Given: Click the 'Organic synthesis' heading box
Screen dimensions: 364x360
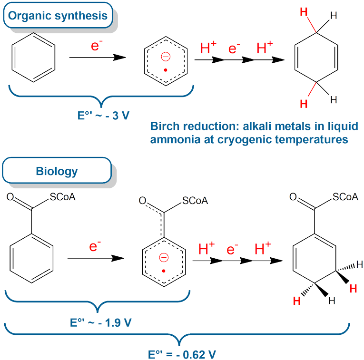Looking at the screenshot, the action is tap(58, 15).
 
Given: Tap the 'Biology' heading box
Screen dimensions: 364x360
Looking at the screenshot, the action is tap(57, 170).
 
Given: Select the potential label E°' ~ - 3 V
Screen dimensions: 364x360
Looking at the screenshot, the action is tap(103, 115).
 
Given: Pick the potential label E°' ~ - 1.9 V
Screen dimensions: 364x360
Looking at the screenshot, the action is tap(101, 322).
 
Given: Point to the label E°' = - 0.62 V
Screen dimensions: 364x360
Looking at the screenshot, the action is tap(182, 354).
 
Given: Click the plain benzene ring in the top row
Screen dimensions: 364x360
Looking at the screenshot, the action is tap(33, 57).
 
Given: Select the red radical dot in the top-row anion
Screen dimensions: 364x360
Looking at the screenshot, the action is tap(166, 70).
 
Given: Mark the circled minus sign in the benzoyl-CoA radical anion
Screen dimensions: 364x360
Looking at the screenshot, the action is tap(164, 257).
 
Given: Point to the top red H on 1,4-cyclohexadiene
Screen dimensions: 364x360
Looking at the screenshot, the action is tap(304, 12).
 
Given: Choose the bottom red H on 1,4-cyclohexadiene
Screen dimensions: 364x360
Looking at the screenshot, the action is tap(304, 104).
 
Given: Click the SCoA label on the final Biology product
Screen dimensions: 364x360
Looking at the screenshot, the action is tap(345, 197).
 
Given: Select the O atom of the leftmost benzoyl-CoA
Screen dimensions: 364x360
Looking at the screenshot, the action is tap(10, 197).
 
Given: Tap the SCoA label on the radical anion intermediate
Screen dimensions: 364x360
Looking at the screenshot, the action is tap(195, 201).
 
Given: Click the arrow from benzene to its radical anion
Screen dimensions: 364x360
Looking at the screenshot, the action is tap(98, 57).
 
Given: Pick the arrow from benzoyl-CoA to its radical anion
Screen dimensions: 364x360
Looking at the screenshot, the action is tap(96, 258).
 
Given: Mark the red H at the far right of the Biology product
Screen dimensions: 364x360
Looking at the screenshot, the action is tap(353, 289).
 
